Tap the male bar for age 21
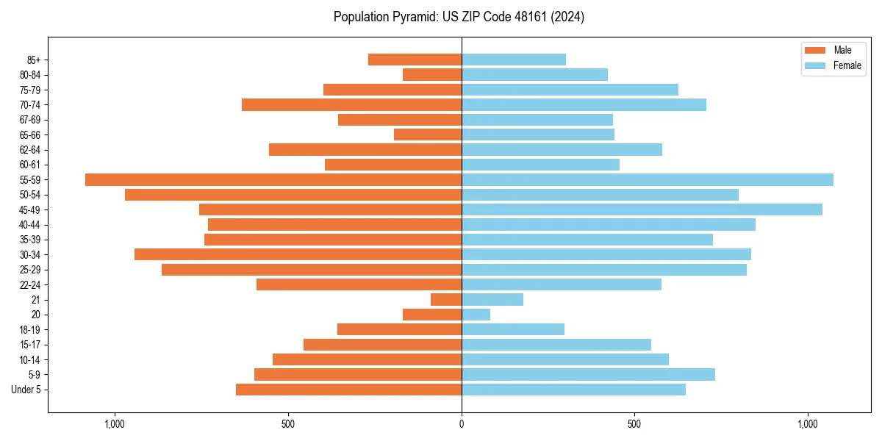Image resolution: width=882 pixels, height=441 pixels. pos(446,300)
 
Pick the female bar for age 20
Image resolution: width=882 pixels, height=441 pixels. pos(476,315)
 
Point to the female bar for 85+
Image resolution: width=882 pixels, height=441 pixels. pos(514,60)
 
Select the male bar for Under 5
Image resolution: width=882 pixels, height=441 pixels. pos(348,390)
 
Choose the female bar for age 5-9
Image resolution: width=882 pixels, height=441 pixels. pos(588,375)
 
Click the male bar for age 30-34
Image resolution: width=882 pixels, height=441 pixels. pos(298,254)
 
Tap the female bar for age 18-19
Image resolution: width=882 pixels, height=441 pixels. pos(513,329)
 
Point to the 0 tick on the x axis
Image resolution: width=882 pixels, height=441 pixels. pos(462,424)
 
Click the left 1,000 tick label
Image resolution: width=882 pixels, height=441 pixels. pos(115,424)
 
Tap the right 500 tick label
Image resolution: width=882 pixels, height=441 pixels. pos(634,424)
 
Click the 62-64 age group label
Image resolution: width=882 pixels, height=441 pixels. pos(30,150)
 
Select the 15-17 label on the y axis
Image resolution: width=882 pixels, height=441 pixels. pos(30,345)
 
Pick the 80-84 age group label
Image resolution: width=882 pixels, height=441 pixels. pos(30,75)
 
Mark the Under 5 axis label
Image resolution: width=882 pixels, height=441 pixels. pos(26,390)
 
